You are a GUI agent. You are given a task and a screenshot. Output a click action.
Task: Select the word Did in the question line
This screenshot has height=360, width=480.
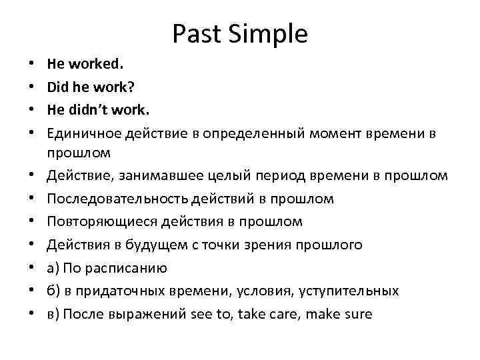pos(57,88)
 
